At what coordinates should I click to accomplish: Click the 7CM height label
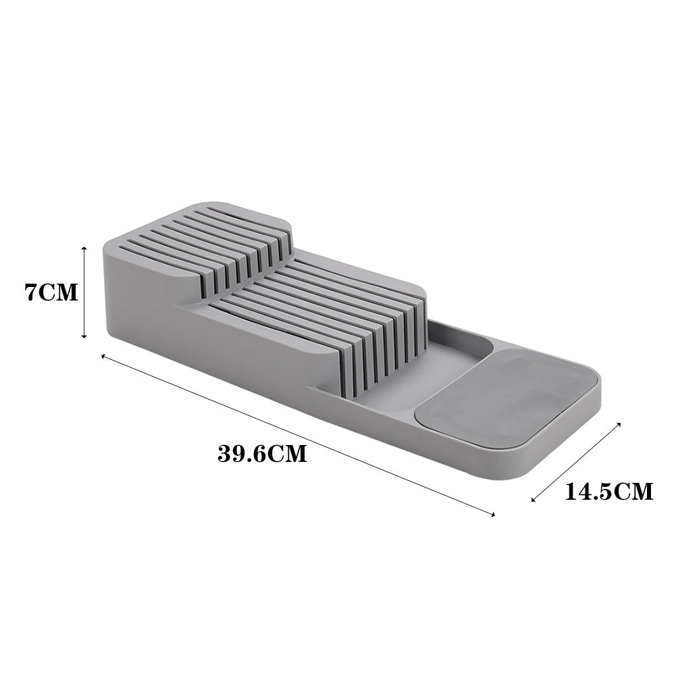click(51, 293)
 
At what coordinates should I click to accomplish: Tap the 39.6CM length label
click(262, 453)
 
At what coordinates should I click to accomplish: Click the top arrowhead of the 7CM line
click(84, 248)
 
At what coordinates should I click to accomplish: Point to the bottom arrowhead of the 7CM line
click(84, 336)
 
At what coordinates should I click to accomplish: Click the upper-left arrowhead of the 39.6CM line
click(103, 355)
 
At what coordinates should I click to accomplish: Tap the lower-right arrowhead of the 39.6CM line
click(494, 515)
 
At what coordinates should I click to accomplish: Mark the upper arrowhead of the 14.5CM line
click(619, 425)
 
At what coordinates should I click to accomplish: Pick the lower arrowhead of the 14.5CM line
click(534, 500)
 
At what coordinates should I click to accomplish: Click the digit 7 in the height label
click(30, 293)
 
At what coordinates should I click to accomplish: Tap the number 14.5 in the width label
click(588, 490)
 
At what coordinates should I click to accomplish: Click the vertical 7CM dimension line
click(84, 292)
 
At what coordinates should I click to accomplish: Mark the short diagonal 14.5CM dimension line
click(576, 463)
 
